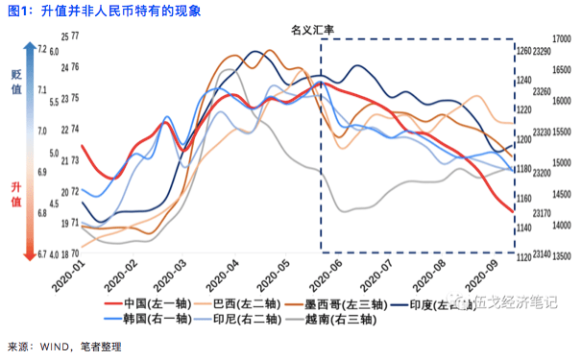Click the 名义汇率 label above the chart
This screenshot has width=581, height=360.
(312, 30)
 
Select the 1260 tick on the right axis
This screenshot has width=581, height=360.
(523, 51)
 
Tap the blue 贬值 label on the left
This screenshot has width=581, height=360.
(16, 82)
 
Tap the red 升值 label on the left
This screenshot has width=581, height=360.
(16, 195)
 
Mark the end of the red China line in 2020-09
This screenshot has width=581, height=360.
(511, 213)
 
